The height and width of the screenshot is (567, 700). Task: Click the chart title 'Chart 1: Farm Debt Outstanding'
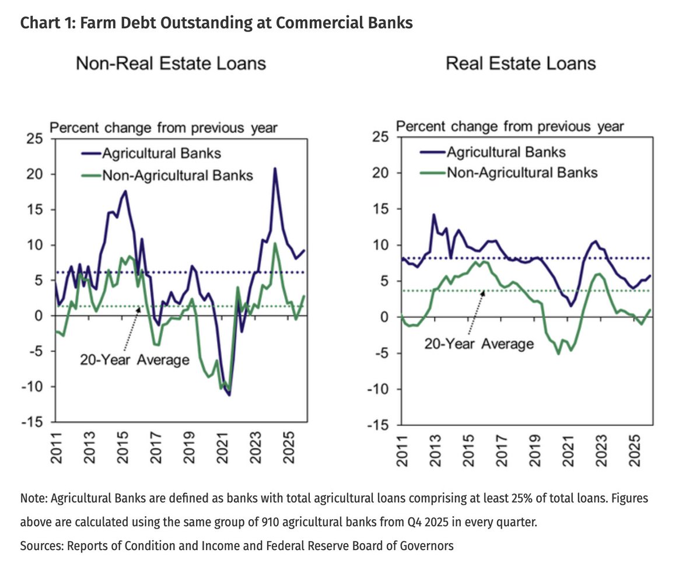216,23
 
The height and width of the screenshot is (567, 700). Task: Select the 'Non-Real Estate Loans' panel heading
171,63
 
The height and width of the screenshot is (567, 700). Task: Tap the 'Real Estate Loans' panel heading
521,63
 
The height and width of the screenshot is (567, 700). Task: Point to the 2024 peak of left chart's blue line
275,168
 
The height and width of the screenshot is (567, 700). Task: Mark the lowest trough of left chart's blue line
229,395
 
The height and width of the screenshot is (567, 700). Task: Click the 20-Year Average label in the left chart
134,360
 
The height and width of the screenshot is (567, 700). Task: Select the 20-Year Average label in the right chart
479,344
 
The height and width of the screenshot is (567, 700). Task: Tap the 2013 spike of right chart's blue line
433,215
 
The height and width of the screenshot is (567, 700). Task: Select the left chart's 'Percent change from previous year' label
164,127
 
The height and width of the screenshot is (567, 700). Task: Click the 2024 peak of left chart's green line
275,243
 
